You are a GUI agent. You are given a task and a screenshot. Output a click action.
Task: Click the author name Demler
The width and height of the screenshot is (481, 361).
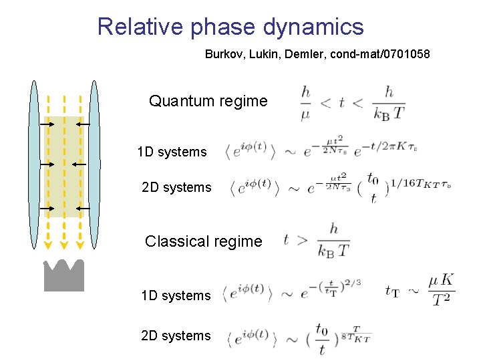302,53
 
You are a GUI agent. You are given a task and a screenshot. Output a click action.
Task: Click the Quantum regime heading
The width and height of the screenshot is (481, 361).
208,102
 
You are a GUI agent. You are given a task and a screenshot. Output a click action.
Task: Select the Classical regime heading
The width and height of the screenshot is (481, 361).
203,241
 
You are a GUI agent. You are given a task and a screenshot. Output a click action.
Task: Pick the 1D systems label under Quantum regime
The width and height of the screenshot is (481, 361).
172,152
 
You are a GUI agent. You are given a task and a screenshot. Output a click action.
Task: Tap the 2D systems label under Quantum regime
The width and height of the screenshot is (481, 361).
176,187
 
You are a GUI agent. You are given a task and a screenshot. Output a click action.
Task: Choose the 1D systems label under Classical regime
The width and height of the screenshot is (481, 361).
176,295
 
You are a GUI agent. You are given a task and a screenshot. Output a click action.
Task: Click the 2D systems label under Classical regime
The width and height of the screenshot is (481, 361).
176,336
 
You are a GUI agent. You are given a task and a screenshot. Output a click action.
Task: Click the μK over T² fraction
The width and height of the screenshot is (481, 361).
440,289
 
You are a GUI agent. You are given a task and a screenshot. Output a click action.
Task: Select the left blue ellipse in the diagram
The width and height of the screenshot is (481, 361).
33,164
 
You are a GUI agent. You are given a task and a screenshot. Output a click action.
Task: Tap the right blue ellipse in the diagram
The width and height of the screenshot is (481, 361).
94,164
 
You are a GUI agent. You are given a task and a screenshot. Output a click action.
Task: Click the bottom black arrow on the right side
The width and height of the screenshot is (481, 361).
78,209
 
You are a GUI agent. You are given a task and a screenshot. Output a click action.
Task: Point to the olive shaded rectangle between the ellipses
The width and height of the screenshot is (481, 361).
64,167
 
